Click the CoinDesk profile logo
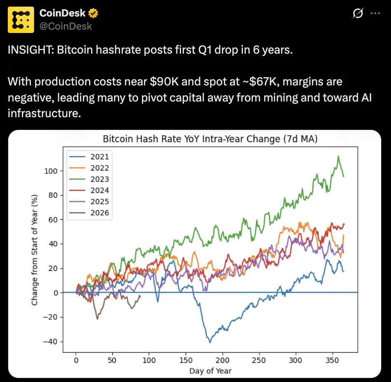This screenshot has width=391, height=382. coord(21,20)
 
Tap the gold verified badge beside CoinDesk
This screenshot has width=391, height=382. coord(93,13)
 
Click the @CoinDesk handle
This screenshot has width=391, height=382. coord(66,26)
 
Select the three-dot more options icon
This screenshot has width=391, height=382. coord(375,14)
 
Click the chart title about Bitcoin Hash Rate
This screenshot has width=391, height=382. coord(210,139)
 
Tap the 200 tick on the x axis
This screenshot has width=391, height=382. coord(223,360)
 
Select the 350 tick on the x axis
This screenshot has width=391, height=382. coord(332,360)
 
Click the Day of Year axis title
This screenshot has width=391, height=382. coord(210,370)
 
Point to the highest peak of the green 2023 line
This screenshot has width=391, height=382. coord(338,156)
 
